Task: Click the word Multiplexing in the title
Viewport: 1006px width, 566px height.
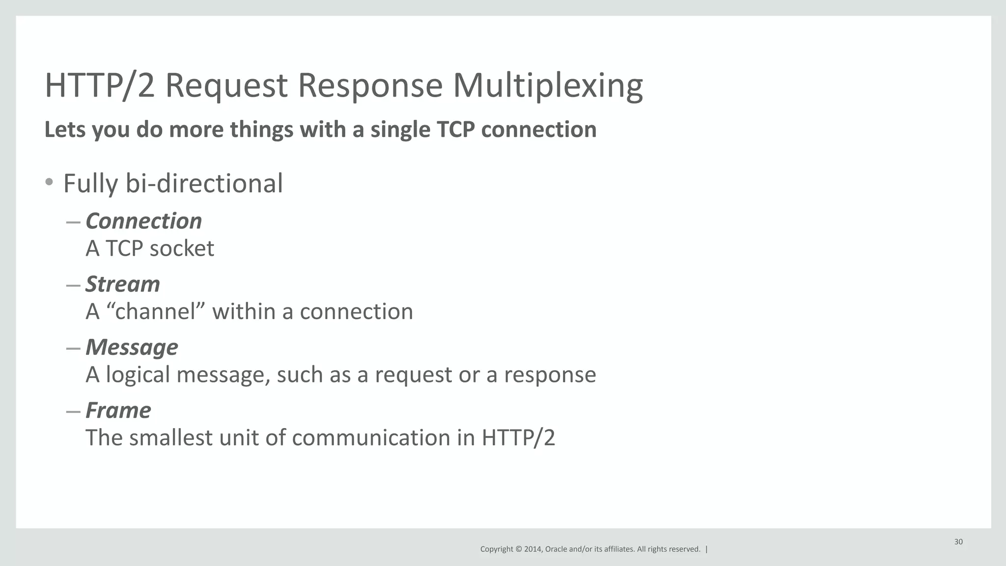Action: [x=547, y=85]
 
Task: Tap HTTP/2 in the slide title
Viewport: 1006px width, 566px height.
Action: [x=100, y=85]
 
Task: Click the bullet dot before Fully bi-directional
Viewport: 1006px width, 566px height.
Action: [x=49, y=183]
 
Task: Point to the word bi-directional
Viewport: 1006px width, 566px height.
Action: [x=204, y=184]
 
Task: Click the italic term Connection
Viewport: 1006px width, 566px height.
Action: [x=143, y=221]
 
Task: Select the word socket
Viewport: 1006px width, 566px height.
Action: [x=181, y=248]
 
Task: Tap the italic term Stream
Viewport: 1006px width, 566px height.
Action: [x=123, y=284]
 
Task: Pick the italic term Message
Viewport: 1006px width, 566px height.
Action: [x=132, y=347]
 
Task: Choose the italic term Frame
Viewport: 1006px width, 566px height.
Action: [x=118, y=410]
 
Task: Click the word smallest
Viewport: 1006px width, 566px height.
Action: [x=170, y=437]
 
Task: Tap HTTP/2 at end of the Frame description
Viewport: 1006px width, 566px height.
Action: [x=518, y=437]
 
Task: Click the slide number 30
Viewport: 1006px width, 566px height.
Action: [x=958, y=542]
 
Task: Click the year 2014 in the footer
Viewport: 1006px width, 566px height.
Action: [x=532, y=549]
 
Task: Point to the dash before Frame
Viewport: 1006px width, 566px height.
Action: [x=73, y=411]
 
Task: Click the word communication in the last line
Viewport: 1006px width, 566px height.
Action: [x=371, y=437]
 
